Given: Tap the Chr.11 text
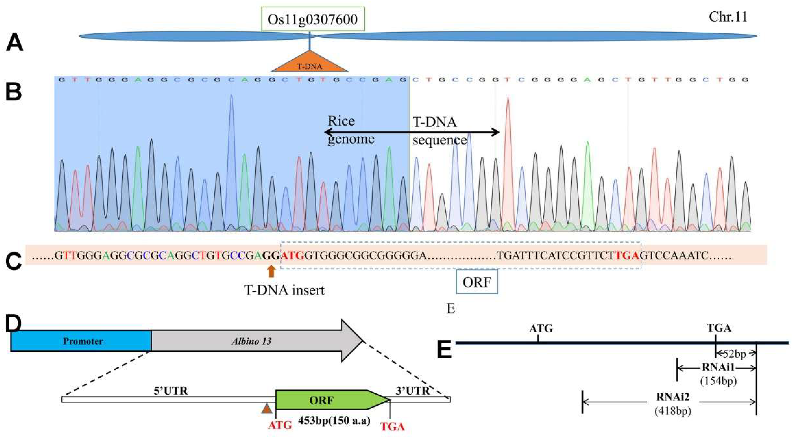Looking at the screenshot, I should point(728,17).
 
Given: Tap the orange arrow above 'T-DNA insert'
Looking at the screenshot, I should point(271,272).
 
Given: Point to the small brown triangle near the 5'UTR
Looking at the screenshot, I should point(267,409).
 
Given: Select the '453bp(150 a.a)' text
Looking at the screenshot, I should point(334,421).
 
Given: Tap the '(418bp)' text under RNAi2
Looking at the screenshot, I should point(673,411).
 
